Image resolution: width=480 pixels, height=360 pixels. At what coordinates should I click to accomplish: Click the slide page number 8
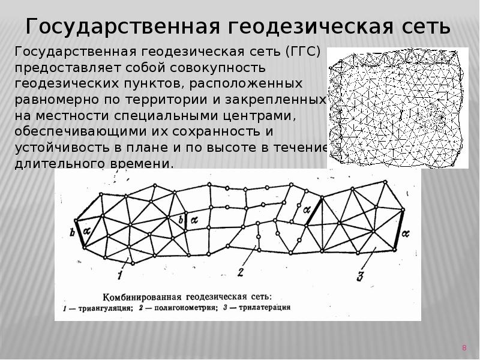pos(464,347)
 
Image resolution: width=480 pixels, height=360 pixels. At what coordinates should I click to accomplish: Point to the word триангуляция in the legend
pos(105,308)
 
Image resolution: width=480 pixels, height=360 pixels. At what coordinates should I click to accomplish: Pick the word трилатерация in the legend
pos(266,308)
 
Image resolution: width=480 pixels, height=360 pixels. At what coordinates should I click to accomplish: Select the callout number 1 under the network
pos(119,276)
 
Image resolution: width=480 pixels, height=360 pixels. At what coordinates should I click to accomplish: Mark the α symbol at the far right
pos(405,232)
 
